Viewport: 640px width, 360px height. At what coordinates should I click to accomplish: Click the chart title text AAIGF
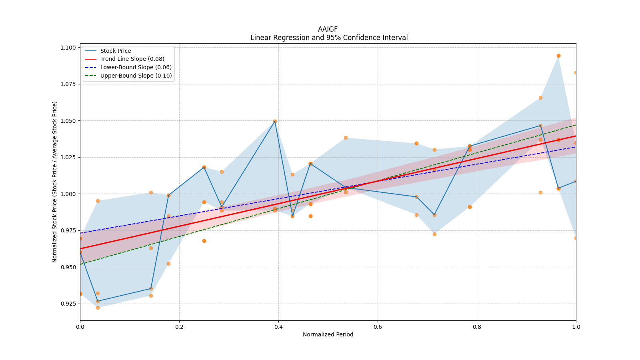pos(328,29)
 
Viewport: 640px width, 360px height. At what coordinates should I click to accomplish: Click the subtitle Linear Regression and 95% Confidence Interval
pos(329,38)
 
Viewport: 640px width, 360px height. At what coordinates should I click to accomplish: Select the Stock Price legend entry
pos(116,51)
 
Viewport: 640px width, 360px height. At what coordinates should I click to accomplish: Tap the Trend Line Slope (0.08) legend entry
pos(132,59)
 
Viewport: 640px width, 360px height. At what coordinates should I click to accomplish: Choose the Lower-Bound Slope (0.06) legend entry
pos(136,68)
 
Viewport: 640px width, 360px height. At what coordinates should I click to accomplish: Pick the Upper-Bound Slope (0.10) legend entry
pos(136,76)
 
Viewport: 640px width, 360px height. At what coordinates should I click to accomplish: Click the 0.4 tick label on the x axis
pos(278,327)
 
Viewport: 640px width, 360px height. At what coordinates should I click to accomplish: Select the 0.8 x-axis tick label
pos(477,327)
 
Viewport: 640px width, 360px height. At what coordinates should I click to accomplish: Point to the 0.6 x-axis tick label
pos(378,327)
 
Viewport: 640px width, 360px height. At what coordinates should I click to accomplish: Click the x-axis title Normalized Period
pos(328,334)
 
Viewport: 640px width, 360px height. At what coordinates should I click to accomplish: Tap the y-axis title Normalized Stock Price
pos(55,182)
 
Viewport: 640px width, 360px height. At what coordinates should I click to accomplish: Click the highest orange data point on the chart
pos(558,56)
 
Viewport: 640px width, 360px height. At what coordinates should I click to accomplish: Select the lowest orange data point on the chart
pos(98,308)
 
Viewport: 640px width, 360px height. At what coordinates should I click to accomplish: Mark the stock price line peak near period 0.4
pos(275,121)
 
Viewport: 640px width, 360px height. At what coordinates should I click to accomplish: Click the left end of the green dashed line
pos(80,264)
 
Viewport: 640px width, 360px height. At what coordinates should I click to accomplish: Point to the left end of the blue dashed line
pos(80,233)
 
